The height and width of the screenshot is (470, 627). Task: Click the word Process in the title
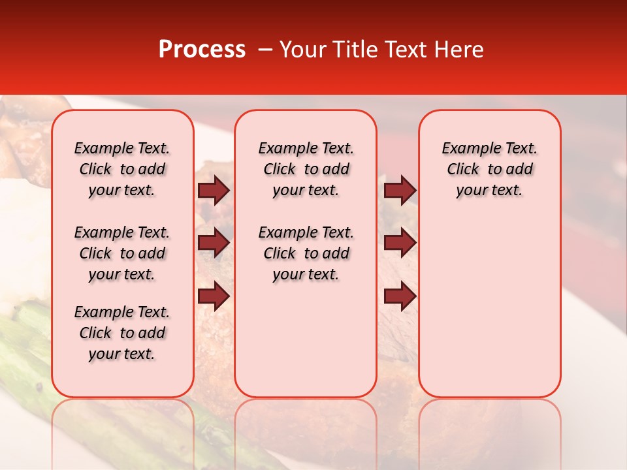tap(202, 50)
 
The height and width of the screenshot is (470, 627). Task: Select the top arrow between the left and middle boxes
tap(214, 190)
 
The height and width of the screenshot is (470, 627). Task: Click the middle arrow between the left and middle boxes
tap(214, 243)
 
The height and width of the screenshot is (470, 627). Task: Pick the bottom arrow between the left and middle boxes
tap(214, 297)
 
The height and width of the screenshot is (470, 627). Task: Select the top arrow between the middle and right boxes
tap(400, 190)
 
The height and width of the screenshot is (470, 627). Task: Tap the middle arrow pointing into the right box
tap(400, 243)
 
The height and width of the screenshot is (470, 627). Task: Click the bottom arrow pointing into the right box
tap(400, 297)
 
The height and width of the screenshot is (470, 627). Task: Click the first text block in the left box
tap(122, 169)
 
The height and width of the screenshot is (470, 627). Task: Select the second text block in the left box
tap(122, 253)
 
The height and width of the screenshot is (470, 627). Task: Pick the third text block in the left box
tap(122, 333)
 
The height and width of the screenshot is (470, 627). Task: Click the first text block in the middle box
tap(306, 169)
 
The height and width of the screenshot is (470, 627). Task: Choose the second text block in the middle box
tap(306, 253)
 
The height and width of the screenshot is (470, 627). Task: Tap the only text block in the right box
tap(490, 169)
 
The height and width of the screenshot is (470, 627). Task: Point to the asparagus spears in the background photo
tap(26, 366)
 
